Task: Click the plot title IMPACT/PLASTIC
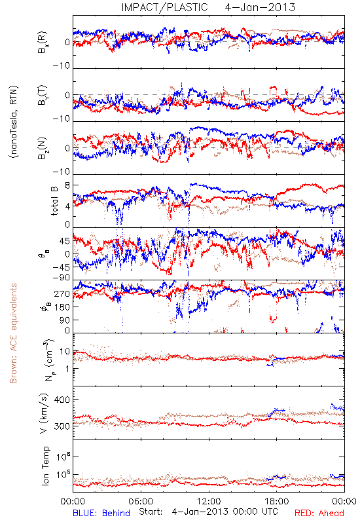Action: click(165, 7)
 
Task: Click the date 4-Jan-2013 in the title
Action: click(260, 7)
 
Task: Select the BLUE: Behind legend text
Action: click(101, 513)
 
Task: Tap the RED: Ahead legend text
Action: click(319, 513)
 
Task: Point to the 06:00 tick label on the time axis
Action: click(141, 501)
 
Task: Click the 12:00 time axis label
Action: click(209, 501)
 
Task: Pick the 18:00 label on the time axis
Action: click(277, 501)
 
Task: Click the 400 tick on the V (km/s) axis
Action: click(62, 400)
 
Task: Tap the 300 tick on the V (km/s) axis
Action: click(62, 426)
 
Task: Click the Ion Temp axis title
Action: click(45, 466)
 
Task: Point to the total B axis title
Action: click(54, 201)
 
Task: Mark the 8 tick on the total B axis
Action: click(67, 185)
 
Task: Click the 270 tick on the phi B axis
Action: click(62, 293)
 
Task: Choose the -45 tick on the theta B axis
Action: click(61, 267)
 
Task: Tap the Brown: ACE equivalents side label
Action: click(12, 333)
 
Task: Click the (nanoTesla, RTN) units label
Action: click(14, 122)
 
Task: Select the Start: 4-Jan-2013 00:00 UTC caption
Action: click(208, 512)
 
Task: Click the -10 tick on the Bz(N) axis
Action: click(61, 172)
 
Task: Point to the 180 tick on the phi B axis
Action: click(62, 307)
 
